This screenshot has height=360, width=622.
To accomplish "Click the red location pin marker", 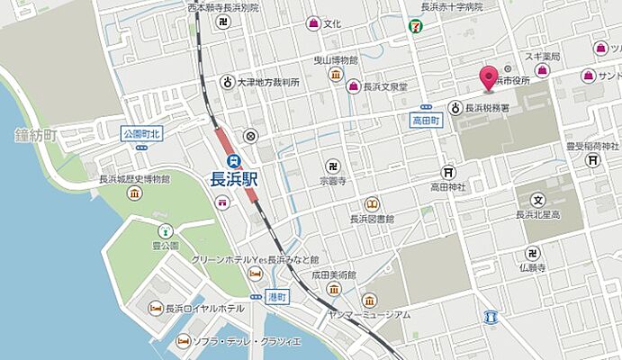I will coord(490,78).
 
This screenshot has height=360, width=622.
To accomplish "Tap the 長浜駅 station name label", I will coord(234,177).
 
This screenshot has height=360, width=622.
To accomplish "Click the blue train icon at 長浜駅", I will coord(234,159).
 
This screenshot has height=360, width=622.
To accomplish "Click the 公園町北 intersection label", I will coord(141,134).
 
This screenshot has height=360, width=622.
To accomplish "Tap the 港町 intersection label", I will coord(278,296).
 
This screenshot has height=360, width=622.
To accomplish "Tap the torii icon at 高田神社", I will coord(447,172).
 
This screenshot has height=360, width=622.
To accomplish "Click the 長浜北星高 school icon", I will coord(538,200).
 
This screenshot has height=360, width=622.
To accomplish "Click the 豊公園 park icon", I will coord(165,230).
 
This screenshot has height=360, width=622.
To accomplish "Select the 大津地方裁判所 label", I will coord(268,82).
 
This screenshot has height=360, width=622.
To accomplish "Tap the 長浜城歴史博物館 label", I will coord(135,179).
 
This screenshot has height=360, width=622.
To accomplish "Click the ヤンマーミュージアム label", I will coord(369,314).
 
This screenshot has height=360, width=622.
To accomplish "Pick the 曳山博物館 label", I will coord(335,59).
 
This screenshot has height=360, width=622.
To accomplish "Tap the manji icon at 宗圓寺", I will coord(333,166).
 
